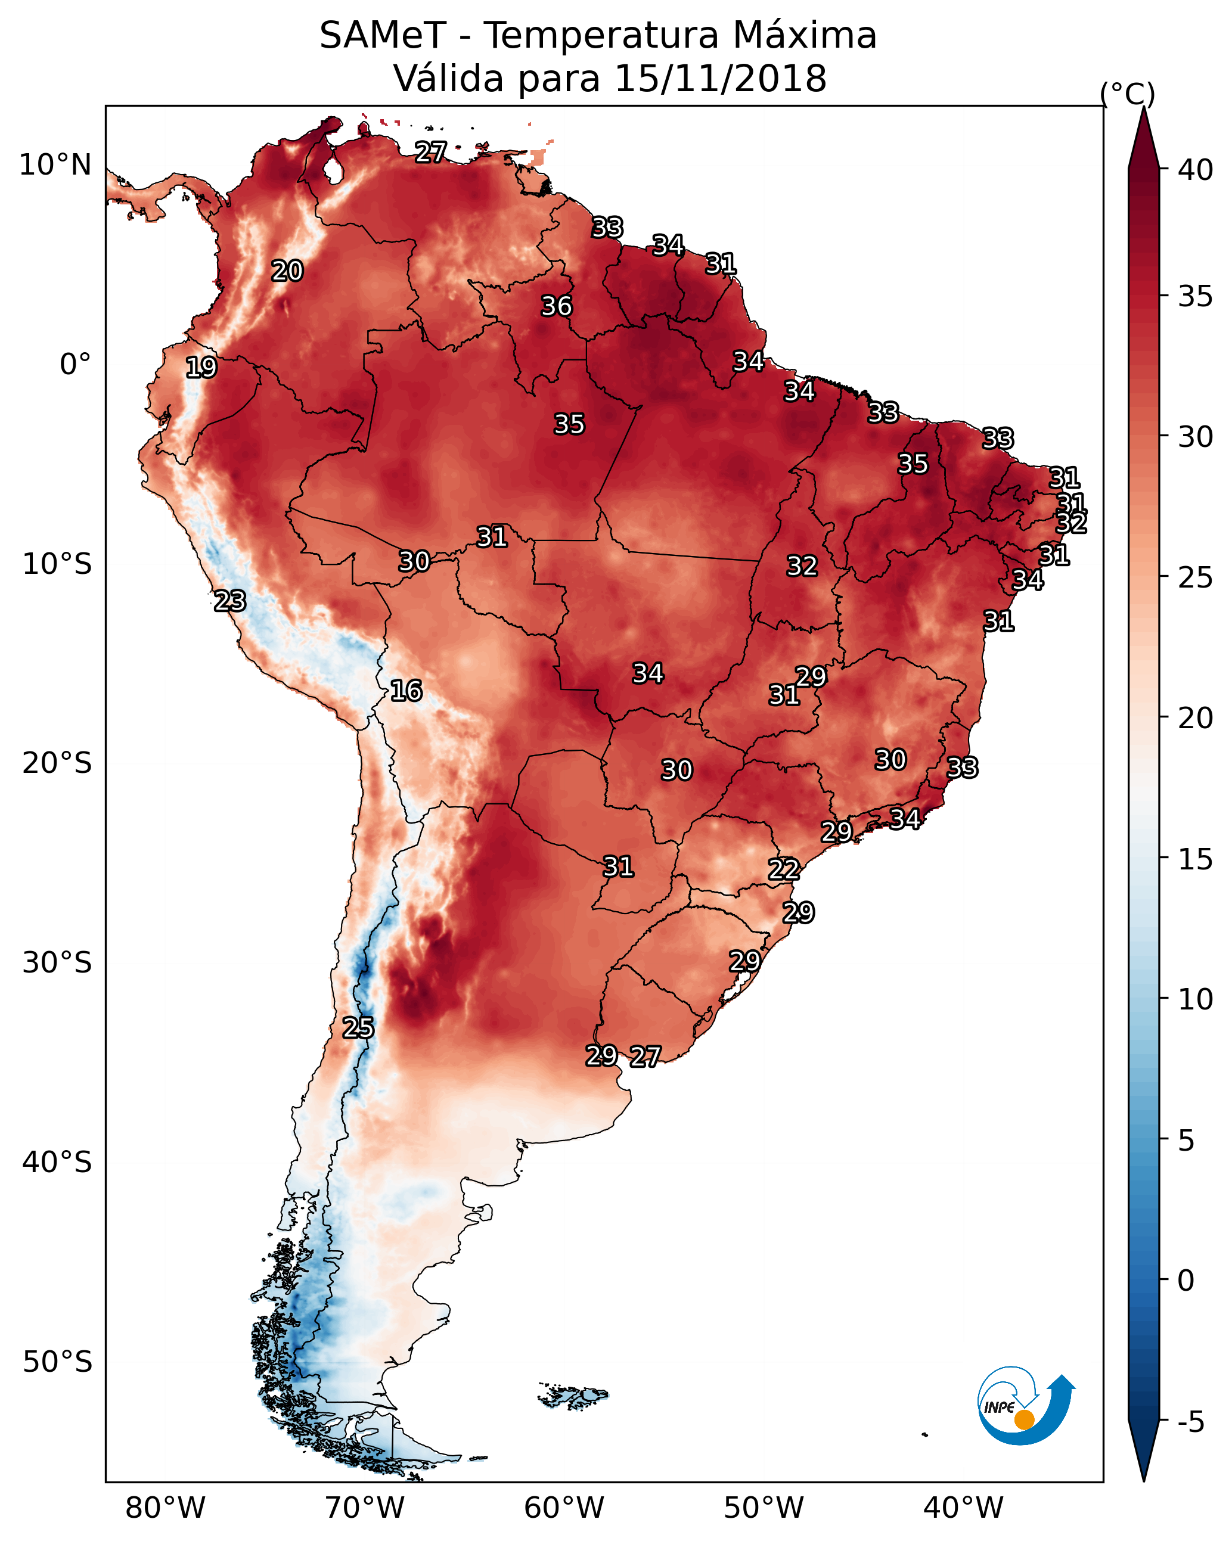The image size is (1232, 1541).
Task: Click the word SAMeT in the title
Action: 383,36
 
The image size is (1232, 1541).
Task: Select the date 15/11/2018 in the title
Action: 720,79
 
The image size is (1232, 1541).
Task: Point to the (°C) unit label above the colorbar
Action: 1127,94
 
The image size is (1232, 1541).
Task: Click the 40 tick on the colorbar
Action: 1196,170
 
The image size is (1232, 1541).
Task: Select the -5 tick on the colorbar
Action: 1190,1422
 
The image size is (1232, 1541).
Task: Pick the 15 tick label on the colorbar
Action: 1196,859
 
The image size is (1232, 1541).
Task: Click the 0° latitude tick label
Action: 75,365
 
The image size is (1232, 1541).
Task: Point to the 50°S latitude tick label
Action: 57,1362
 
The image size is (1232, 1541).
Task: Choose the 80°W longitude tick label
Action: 165,1508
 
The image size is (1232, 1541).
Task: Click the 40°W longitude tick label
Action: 963,1508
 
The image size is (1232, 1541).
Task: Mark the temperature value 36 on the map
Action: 556,306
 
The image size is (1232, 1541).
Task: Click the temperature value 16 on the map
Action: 406,691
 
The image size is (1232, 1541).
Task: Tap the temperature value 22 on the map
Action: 784,869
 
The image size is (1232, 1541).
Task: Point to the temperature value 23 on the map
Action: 230,601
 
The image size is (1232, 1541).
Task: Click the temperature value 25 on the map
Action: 358,1028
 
